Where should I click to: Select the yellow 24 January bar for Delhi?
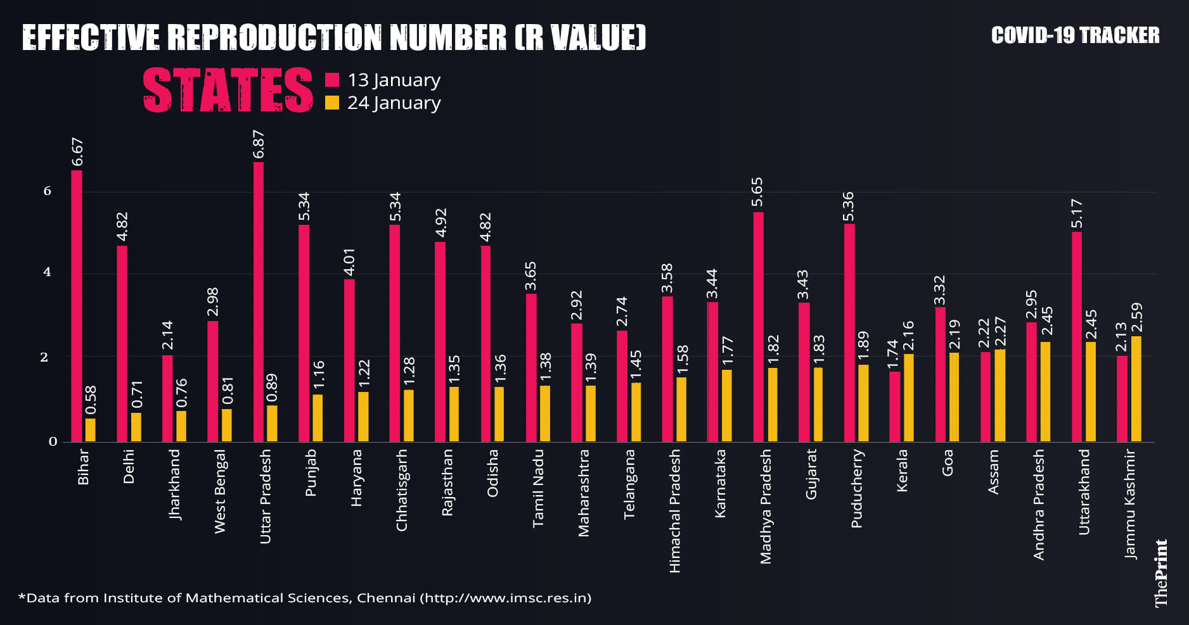(x=136, y=427)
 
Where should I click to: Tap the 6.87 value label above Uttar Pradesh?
(x=259, y=144)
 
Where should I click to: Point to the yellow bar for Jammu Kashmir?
(x=1136, y=389)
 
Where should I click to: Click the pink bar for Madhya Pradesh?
(x=759, y=327)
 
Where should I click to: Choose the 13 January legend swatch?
(x=332, y=80)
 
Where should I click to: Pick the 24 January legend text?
(x=394, y=103)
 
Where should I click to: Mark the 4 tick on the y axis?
(x=47, y=273)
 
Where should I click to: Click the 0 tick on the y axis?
(x=53, y=441)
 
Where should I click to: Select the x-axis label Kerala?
(x=903, y=470)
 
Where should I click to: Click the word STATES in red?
(x=228, y=91)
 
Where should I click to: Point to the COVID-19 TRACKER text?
(x=1075, y=35)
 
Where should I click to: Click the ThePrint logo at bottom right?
(x=1161, y=573)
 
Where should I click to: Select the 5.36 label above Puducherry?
(x=849, y=206)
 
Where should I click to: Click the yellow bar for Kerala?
(x=909, y=398)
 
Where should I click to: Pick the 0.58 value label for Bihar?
(x=91, y=400)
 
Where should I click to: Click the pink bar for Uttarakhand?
(x=1077, y=337)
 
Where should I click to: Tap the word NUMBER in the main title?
(x=447, y=38)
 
